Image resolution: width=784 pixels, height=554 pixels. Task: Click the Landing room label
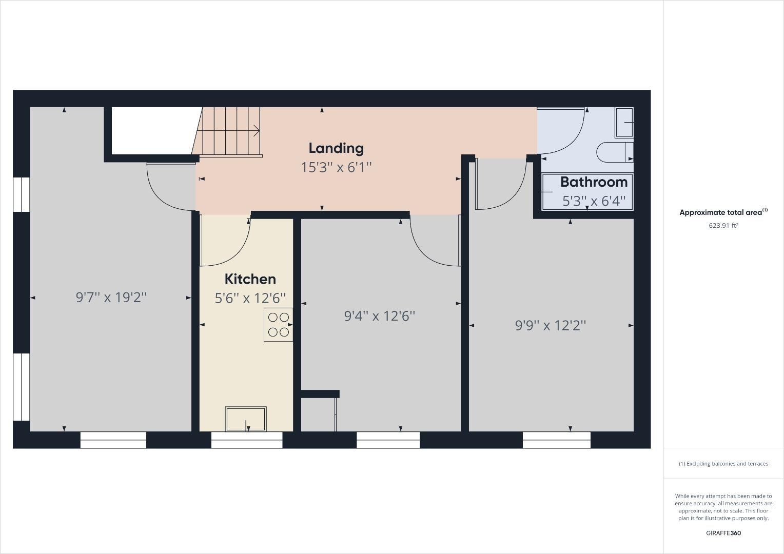(x=336, y=148)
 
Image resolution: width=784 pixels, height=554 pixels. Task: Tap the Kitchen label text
(x=250, y=279)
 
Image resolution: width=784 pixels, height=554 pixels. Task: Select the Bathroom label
(x=594, y=182)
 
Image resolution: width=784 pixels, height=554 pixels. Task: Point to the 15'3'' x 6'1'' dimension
(x=336, y=167)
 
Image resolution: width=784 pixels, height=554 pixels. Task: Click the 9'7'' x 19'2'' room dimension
(x=111, y=297)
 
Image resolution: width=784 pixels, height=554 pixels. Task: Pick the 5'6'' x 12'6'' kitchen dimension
(x=250, y=298)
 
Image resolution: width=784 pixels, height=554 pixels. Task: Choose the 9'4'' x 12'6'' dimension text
(x=380, y=316)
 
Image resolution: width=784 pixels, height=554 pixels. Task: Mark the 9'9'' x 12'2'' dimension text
(x=551, y=325)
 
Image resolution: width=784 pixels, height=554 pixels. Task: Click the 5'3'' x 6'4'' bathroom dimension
(x=594, y=201)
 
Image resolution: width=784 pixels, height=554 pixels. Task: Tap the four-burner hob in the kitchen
(x=279, y=325)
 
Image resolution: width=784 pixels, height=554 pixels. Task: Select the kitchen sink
(x=246, y=419)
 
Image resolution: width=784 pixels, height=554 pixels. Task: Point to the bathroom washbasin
(x=624, y=123)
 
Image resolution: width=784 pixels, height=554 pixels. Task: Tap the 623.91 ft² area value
(x=723, y=225)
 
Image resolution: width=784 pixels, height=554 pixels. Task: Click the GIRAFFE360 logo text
(x=723, y=533)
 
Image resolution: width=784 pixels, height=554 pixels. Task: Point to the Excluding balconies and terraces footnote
(x=723, y=464)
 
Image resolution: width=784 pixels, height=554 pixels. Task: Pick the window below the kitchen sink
(x=247, y=440)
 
